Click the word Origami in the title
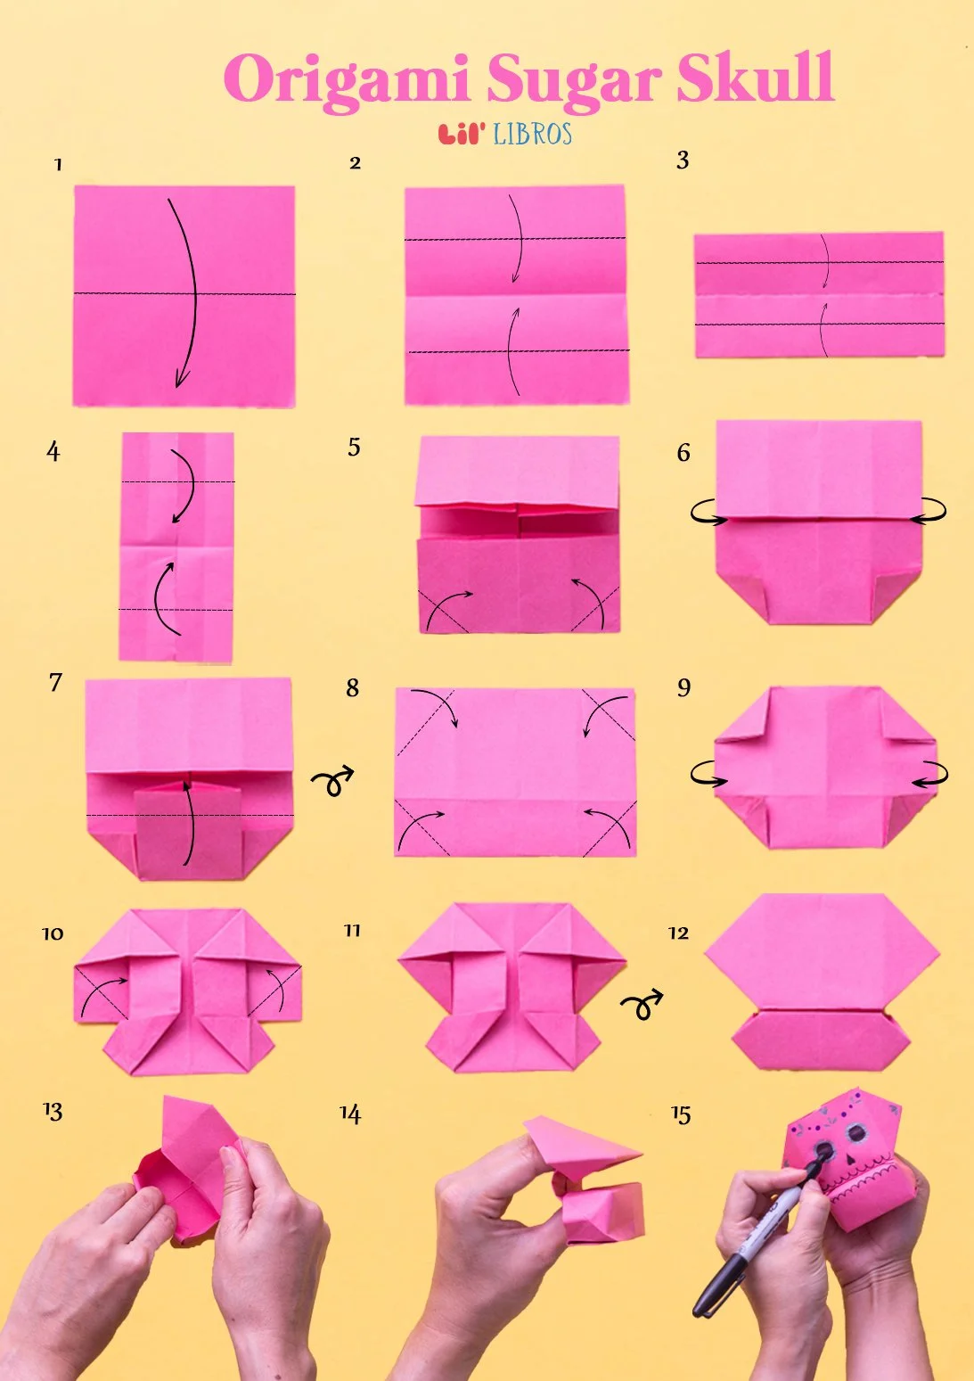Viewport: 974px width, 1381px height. click(x=346, y=80)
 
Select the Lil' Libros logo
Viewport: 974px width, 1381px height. click(x=505, y=134)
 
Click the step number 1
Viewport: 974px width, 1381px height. click(x=58, y=165)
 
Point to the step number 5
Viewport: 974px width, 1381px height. click(x=354, y=447)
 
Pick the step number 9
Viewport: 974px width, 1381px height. click(x=683, y=687)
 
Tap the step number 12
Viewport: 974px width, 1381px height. click(x=678, y=933)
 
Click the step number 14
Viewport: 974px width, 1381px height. click(x=350, y=1114)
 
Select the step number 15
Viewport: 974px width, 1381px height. click(x=681, y=1114)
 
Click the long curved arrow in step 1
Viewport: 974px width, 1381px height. click(x=188, y=294)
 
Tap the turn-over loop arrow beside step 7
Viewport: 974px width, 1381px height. click(x=331, y=782)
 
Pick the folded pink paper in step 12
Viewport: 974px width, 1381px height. click(x=822, y=981)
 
